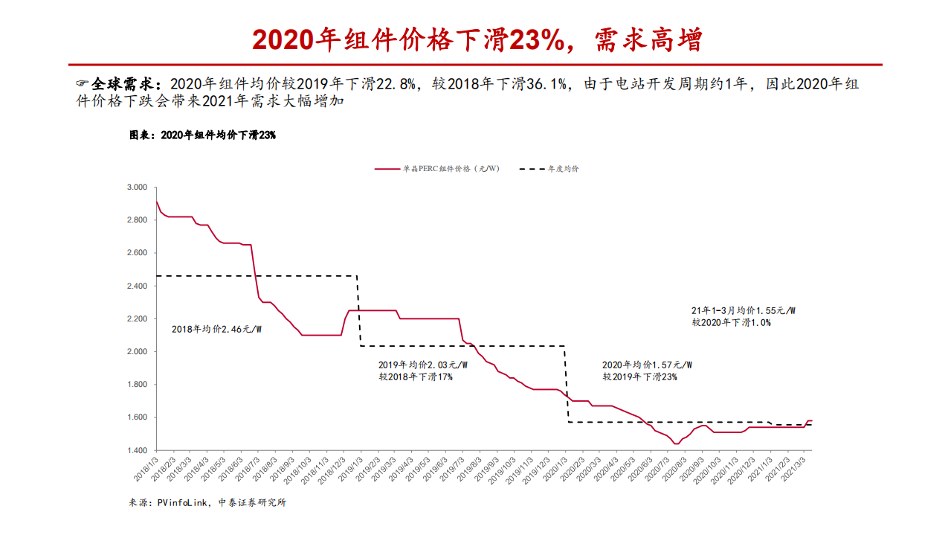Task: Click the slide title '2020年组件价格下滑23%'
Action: coord(476,40)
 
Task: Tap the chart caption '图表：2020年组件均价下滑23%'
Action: coord(203,135)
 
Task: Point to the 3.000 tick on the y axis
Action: coord(137,187)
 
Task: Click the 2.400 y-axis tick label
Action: coord(137,286)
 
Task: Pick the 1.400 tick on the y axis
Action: coord(137,450)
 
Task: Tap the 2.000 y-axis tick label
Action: coord(137,351)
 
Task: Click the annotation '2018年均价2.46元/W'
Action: coord(216,328)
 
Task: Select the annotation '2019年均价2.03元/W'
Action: coord(423,365)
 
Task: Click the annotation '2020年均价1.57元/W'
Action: coord(647,365)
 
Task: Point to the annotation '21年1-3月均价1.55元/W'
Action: coord(744,310)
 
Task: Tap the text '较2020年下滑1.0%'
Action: coord(731,322)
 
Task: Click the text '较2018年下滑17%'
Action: coord(416,377)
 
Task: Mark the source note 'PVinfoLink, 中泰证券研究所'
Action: coord(222,502)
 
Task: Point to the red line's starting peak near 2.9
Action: coord(156,202)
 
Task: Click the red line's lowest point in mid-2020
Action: coord(676,443)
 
